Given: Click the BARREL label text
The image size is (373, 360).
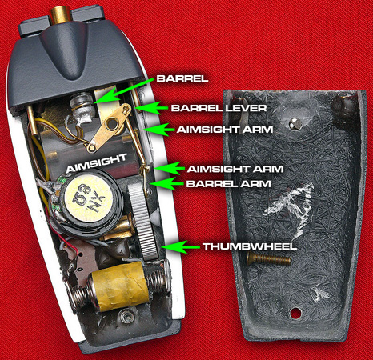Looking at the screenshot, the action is pos(182,78).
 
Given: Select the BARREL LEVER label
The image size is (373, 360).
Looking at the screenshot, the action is pos(219,108).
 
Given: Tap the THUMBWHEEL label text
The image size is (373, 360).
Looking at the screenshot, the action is pos(250,246).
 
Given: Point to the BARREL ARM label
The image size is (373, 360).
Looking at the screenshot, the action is pos(229,184).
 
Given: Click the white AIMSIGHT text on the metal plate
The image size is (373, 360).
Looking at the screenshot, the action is pos(97,163).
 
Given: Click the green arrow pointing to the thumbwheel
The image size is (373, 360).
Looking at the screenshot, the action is pos(180,247).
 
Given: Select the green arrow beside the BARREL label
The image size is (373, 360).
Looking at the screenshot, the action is pos(123,90).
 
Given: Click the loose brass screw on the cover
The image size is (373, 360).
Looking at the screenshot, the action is pos(269,258).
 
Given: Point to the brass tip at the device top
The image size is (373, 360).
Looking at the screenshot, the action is pos(61,15).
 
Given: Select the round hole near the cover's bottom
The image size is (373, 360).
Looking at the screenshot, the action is pos(295,313).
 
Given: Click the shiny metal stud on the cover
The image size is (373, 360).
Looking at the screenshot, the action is pos(295,123).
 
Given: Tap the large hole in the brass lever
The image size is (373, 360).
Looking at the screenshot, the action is pos(112,123).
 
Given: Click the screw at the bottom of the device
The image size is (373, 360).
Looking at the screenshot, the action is pos(126,318).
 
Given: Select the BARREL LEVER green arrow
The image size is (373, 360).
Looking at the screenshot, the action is pos(151,108).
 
